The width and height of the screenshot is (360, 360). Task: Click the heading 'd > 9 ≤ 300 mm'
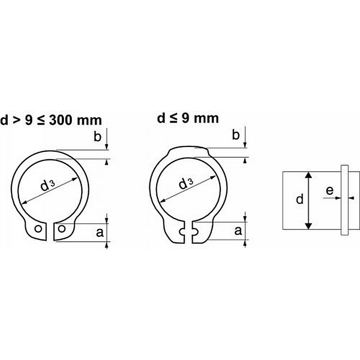51,120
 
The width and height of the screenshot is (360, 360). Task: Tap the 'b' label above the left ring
97,136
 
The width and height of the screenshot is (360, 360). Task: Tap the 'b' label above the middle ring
236,135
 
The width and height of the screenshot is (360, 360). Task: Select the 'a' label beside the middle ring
238,231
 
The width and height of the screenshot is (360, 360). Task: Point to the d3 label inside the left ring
47,186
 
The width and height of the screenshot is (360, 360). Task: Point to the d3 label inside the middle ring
185,184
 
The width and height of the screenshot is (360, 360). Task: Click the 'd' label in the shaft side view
300,199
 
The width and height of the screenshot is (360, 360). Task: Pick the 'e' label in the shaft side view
329,191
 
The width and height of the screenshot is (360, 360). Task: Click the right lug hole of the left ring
62,229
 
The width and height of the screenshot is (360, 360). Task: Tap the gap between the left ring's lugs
50,232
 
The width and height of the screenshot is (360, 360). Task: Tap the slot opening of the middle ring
189,232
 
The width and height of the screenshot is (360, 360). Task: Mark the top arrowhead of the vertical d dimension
308,175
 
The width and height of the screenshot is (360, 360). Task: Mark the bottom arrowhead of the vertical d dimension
308,226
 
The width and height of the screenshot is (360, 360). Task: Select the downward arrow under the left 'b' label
107,146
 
